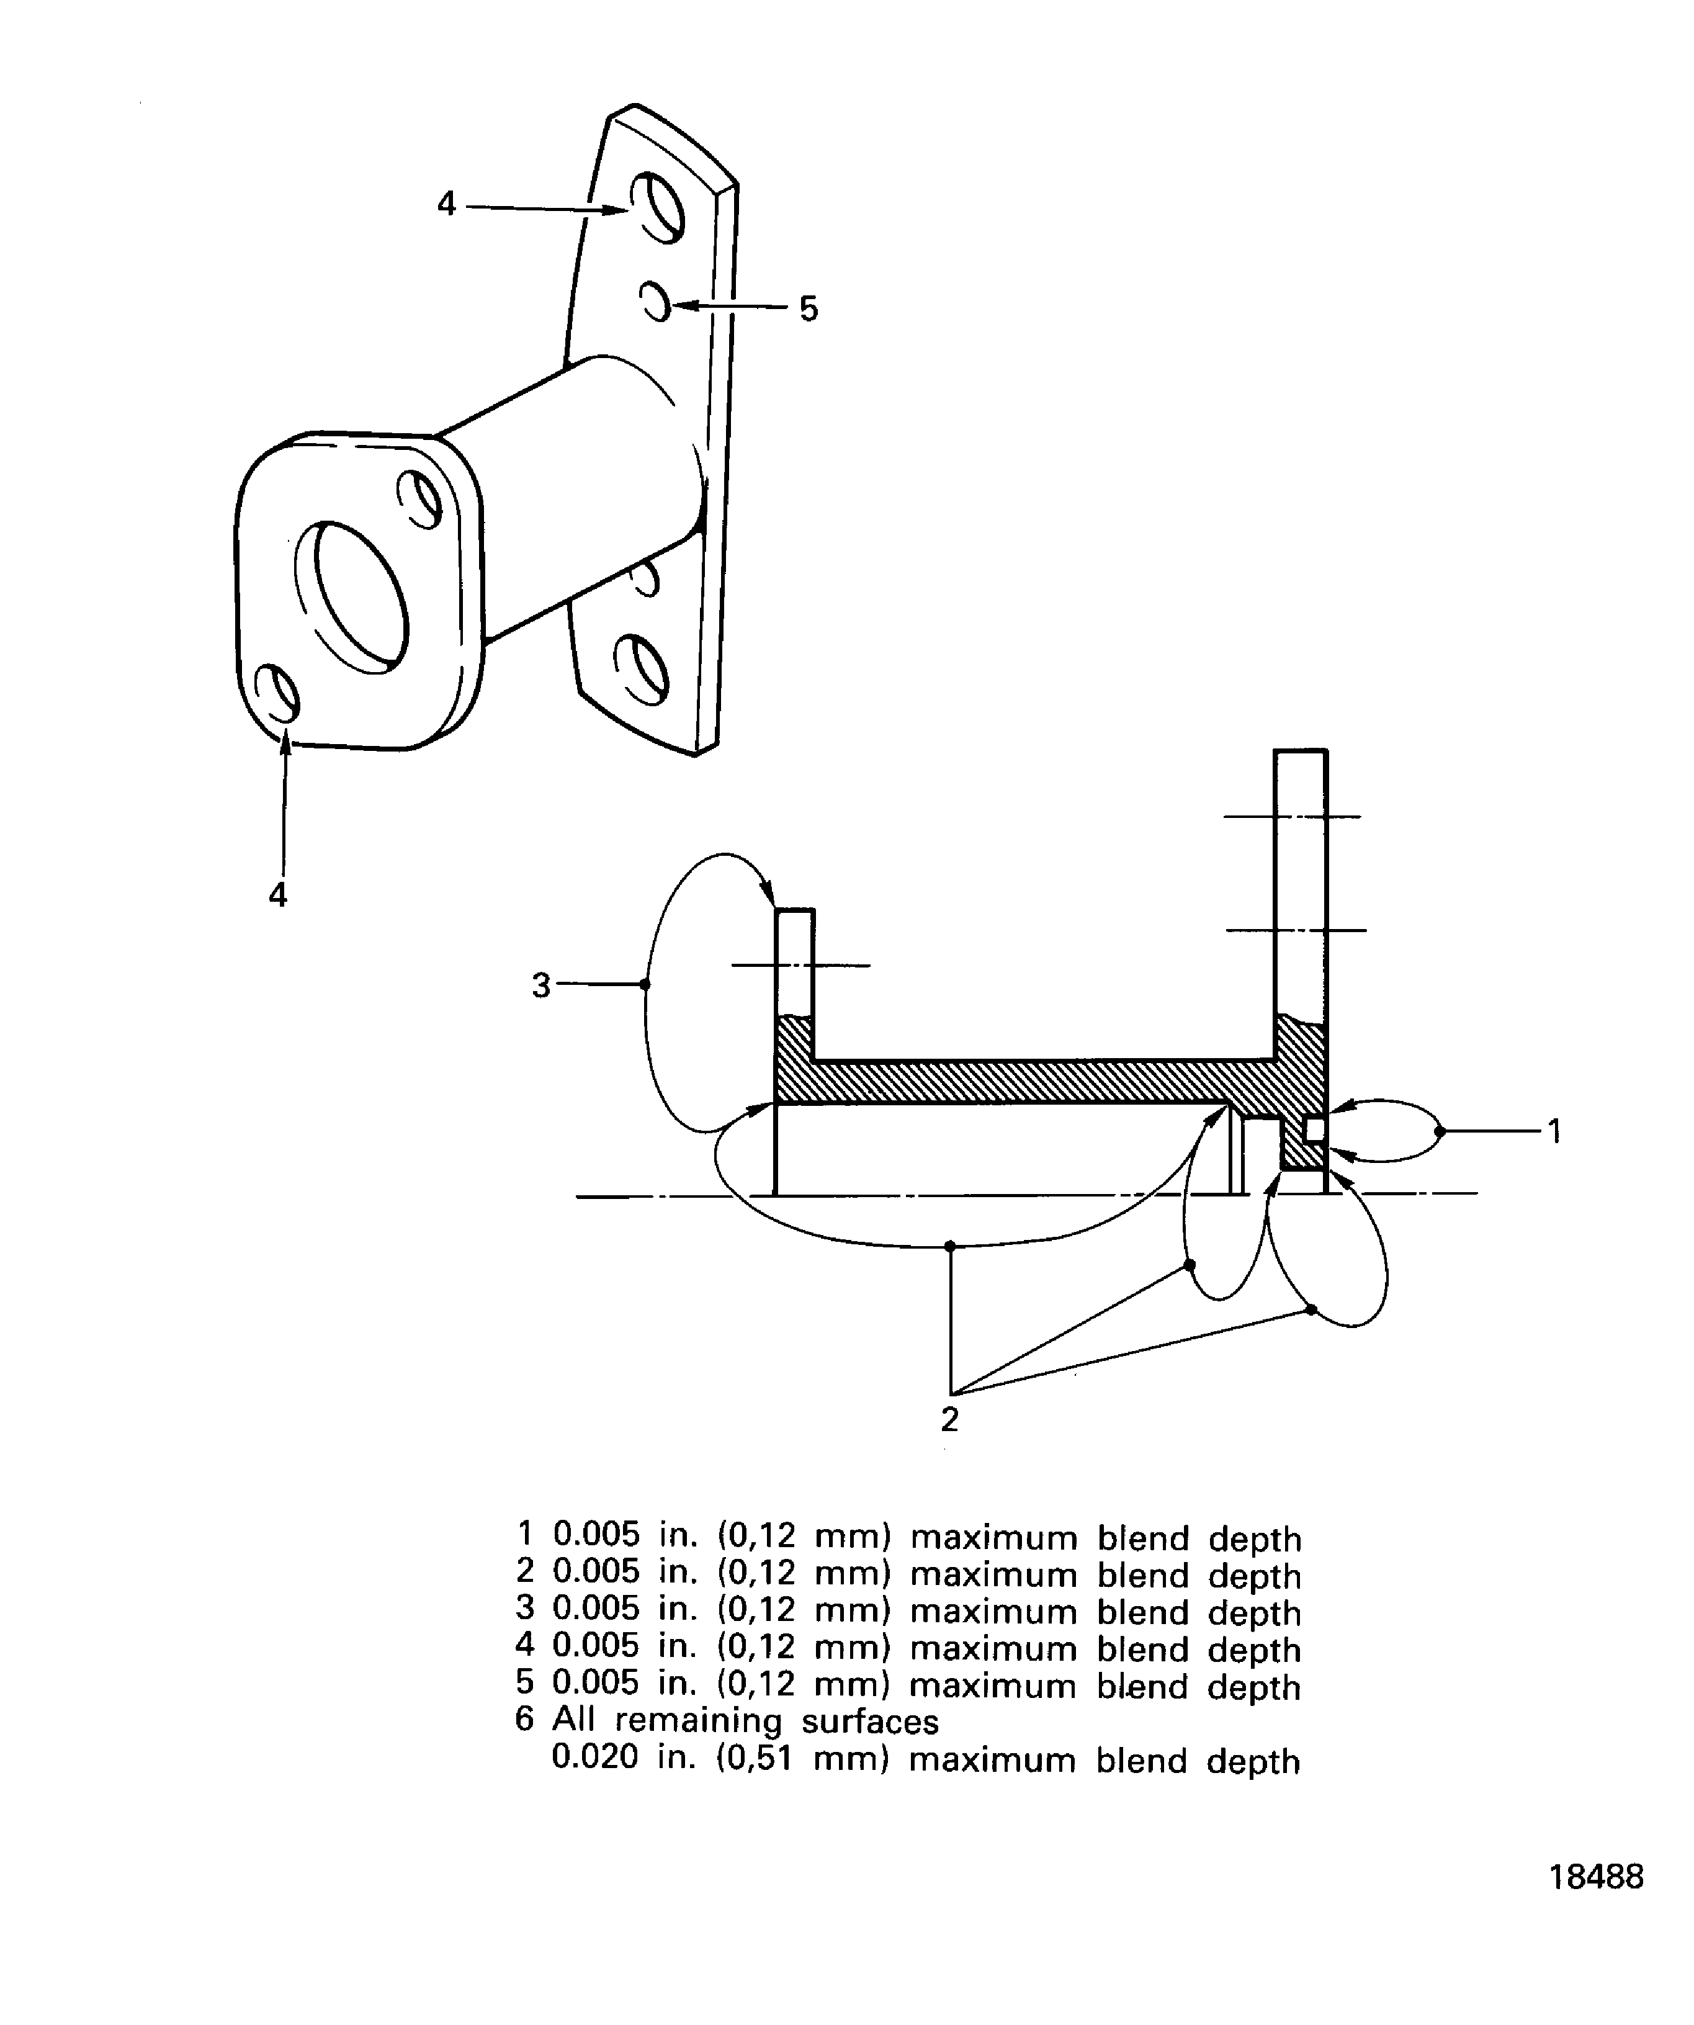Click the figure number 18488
(1596, 1903)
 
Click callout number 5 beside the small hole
(808, 308)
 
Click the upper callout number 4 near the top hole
(446, 204)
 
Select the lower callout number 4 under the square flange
(277, 895)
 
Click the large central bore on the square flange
(352, 598)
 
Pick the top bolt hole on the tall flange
(658, 207)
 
